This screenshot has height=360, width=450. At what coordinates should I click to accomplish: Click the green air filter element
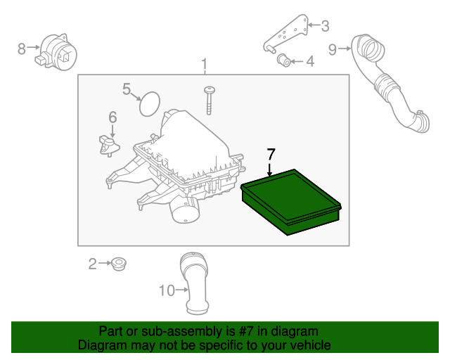pyautogui.click(x=291, y=202)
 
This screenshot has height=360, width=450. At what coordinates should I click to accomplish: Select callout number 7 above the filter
pyautogui.click(x=271, y=155)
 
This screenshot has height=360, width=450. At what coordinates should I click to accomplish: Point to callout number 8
pyautogui.click(x=22, y=49)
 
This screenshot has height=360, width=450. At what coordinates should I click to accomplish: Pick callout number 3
pyautogui.click(x=325, y=26)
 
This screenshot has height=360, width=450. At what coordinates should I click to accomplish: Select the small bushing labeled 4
pyautogui.click(x=284, y=60)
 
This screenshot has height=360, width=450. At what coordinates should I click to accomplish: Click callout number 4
pyautogui.click(x=310, y=61)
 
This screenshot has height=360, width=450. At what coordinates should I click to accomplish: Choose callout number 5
pyautogui.click(x=127, y=89)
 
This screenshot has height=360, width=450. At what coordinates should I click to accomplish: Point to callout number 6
pyautogui.click(x=112, y=117)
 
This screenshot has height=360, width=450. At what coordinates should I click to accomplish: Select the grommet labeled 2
pyautogui.click(x=119, y=264)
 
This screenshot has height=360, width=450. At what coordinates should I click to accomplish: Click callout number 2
pyautogui.click(x=92, y=264)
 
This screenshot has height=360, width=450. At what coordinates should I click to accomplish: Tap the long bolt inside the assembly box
pyautogui.click(x=210, y=101)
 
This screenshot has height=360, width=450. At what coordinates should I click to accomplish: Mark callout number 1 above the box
pyautogui.click(x=205, y=64)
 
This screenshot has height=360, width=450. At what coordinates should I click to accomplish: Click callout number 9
pyautogui.click(x=333, y=50)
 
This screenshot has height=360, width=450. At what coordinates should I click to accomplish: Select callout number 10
pyautogui.click(x=167, y=290)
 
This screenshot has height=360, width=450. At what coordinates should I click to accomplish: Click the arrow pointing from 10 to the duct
pyautogui.click(x=182, y=290)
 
